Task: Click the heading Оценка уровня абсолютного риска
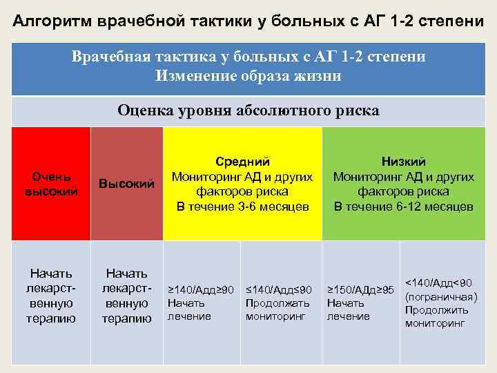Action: [x=248, y=111]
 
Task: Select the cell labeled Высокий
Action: [x=126, y=183]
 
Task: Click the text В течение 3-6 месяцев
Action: [x=242, y=207]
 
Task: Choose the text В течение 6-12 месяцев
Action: [x=404, y=207]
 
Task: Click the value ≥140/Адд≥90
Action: [x=202, y=289]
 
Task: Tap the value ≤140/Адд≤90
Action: [x=279, y=289]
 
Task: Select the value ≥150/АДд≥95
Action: [x=360, y=289]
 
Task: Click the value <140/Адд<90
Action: [x=438, y=283]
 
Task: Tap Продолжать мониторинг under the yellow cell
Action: [x=275, y=309]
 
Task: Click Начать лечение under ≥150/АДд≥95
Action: [x=349, y=309]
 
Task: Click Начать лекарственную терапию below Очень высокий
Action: [x=51, y=296]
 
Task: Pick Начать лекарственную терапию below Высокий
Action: [x=126, y=296]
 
